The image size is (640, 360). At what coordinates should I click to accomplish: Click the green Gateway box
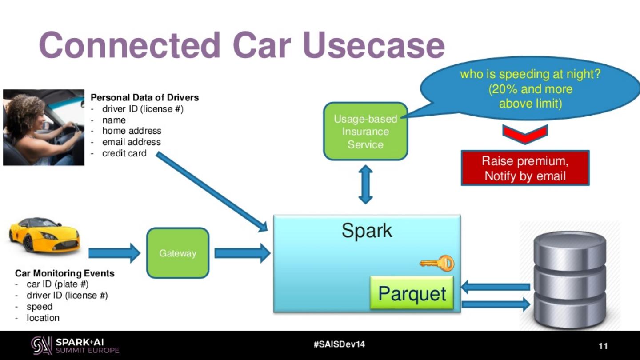pyautogui.click(x=177, y=253)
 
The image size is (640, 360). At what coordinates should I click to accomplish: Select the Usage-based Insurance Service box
pyautogui.click(x=365, y=132)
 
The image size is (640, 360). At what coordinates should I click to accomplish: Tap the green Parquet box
pyautogui.click(x=412, y=293)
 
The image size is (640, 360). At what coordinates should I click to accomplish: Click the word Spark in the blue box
pyautogui.click(x=367, y=231)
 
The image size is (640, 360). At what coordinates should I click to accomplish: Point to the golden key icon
pyautogui.click(x=437, y=263)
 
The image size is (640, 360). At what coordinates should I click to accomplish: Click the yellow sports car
pyautogui.click(x=44, y=235)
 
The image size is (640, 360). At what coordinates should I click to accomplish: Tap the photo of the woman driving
pyautogui.click(x=44, y=128)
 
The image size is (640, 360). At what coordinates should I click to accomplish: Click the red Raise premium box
pyautogui.click(x=525, y=168)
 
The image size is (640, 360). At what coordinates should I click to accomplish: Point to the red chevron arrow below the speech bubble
pyautogui.click(x=525, y=134)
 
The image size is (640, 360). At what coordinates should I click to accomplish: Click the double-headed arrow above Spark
pyautogui.click(x=365, y=184)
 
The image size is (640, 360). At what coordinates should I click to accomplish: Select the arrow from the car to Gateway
pyautogui.click(x=114, y=253)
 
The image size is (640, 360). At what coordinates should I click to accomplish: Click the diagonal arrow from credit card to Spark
pyautogui.click(x=211, y=191)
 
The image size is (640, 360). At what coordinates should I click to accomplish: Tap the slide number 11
pyautogui.click(x=603, y=346)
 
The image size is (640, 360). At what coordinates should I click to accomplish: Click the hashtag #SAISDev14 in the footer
pyautogui.click(x=339, y=344)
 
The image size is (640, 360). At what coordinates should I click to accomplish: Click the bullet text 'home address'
pyautogui.click(x=132, y=131)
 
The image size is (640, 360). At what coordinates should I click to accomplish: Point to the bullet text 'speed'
pyautogui.click(x=40, y=307)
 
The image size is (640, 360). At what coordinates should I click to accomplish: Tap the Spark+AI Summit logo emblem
pyautogui.click(x=41, y=345)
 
